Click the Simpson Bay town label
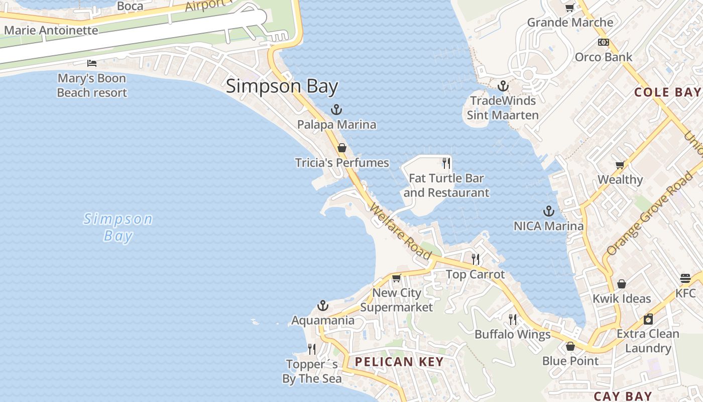(282, 86)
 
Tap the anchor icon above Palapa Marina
(336, 110)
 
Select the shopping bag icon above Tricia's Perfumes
(342, 148)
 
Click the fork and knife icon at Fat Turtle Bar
(446, 163)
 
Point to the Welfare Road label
(401, 231)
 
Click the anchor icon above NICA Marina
(549, 212)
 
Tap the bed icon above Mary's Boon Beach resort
(92, 63)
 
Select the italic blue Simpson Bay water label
(118, 227)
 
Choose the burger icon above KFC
(685, 278)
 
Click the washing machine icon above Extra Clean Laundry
(648, 319)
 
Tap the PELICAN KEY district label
(399, 362)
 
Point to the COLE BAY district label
(667, 92)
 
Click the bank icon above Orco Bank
(604, 42)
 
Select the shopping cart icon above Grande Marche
(569, 8)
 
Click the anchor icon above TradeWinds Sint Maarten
(503, 86)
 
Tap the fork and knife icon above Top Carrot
(476, 259)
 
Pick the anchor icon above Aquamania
(322, 306)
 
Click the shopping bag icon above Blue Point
(570, 346)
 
